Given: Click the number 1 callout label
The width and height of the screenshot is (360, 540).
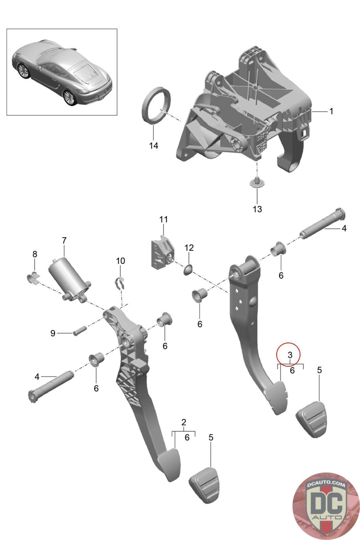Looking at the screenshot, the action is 331,111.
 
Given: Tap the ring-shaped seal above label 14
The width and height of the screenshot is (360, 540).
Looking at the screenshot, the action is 156,106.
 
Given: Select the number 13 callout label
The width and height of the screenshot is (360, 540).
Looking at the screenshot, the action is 257,209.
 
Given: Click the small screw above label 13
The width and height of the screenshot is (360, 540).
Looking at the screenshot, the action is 257,182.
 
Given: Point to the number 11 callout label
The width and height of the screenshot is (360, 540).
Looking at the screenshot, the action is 164,219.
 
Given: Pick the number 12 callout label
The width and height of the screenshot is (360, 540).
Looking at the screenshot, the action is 189,248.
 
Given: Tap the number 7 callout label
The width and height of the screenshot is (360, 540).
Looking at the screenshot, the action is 64,241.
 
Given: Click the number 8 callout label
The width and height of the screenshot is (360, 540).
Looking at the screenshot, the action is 35,254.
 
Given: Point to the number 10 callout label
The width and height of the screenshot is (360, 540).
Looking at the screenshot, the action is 120,261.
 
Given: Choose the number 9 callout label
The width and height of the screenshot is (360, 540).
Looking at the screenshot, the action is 53,333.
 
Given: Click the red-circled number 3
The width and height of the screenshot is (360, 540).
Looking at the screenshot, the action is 289,355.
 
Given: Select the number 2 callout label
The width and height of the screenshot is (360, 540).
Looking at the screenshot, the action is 184,422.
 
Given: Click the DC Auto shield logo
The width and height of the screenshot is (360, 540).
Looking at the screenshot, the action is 326,506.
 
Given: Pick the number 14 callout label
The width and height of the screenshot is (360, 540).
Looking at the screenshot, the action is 154,146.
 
